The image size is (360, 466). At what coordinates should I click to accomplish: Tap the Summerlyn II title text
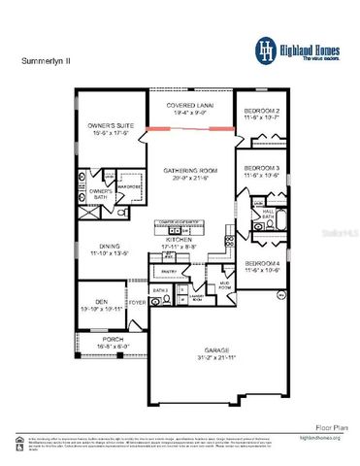(44, 60)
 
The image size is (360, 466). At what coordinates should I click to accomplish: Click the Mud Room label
(224, 286)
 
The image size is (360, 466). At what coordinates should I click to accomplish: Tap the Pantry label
(168, 273)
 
